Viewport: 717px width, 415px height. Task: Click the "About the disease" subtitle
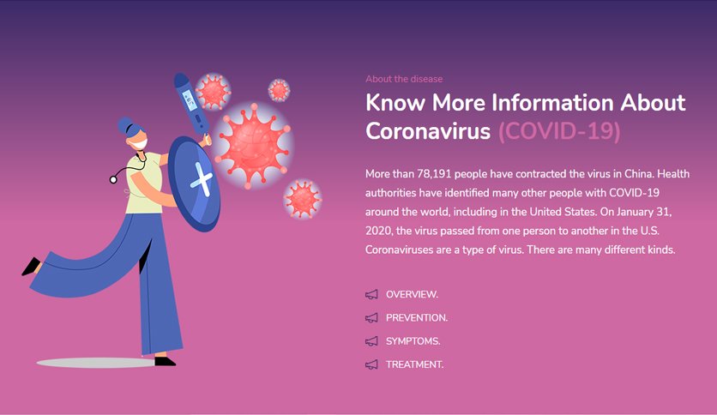[x=404, y=79]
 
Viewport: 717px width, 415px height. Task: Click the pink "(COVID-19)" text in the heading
[x=559, y=131]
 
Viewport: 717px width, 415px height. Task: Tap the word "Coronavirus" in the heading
[x=428, y=131]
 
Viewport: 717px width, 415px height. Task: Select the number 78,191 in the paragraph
[x=433, y=174]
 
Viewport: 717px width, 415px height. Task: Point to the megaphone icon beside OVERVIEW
[x=371, y=294]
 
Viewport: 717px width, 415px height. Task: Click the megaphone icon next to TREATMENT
[x=371, y=364]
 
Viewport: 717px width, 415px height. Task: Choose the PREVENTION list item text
[x=417, y=317]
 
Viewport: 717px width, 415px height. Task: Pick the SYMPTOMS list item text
[x=413, y=341]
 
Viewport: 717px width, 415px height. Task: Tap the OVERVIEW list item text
[x=412, y=294]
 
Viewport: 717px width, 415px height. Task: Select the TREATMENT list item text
[x=414, y=364]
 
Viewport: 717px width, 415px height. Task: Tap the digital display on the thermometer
[x=189, y=100]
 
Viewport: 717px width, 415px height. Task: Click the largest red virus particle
[x=252, y=146]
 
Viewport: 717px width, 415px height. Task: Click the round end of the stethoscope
[x=113, y=179]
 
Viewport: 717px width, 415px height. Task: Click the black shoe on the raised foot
[x=31, y=267]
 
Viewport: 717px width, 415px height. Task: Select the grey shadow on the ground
[x=95, y=363]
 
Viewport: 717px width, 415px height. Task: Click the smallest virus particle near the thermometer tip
[x=279, y=90]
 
